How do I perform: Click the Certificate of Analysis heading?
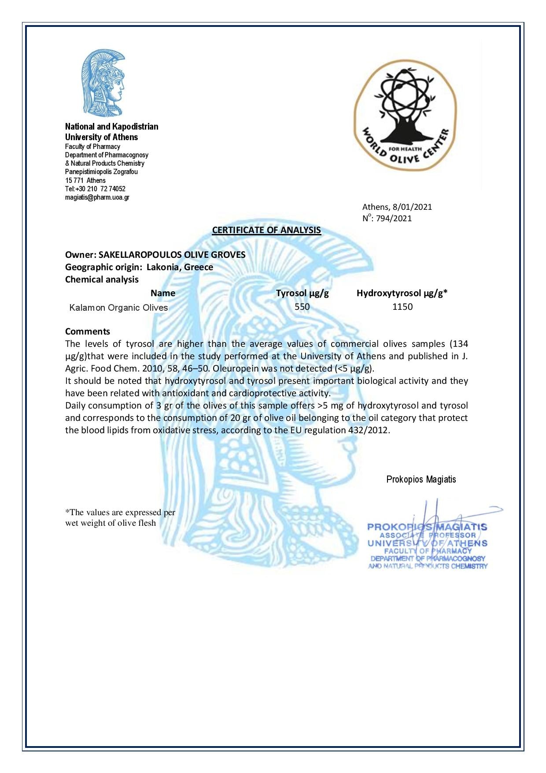click(x=266, y=230)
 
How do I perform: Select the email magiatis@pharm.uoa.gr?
click(x=97, y=197)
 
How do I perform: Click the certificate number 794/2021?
click(x=394, y=218)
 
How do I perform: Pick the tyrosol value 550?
click(x=302, y=307)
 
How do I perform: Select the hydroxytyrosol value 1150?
click(x=402, y=307)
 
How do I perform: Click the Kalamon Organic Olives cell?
click(x=118, y=308)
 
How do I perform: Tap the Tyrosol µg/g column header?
click(x=302, y=293)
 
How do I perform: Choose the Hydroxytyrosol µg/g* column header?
click(x=402, y=293)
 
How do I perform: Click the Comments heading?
click(x=88, y=331)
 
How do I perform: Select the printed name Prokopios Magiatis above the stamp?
click(x=421, y=479)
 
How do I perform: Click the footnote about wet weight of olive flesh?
click(x=120, y=518)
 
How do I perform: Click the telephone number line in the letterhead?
click(x=95, y=189)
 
